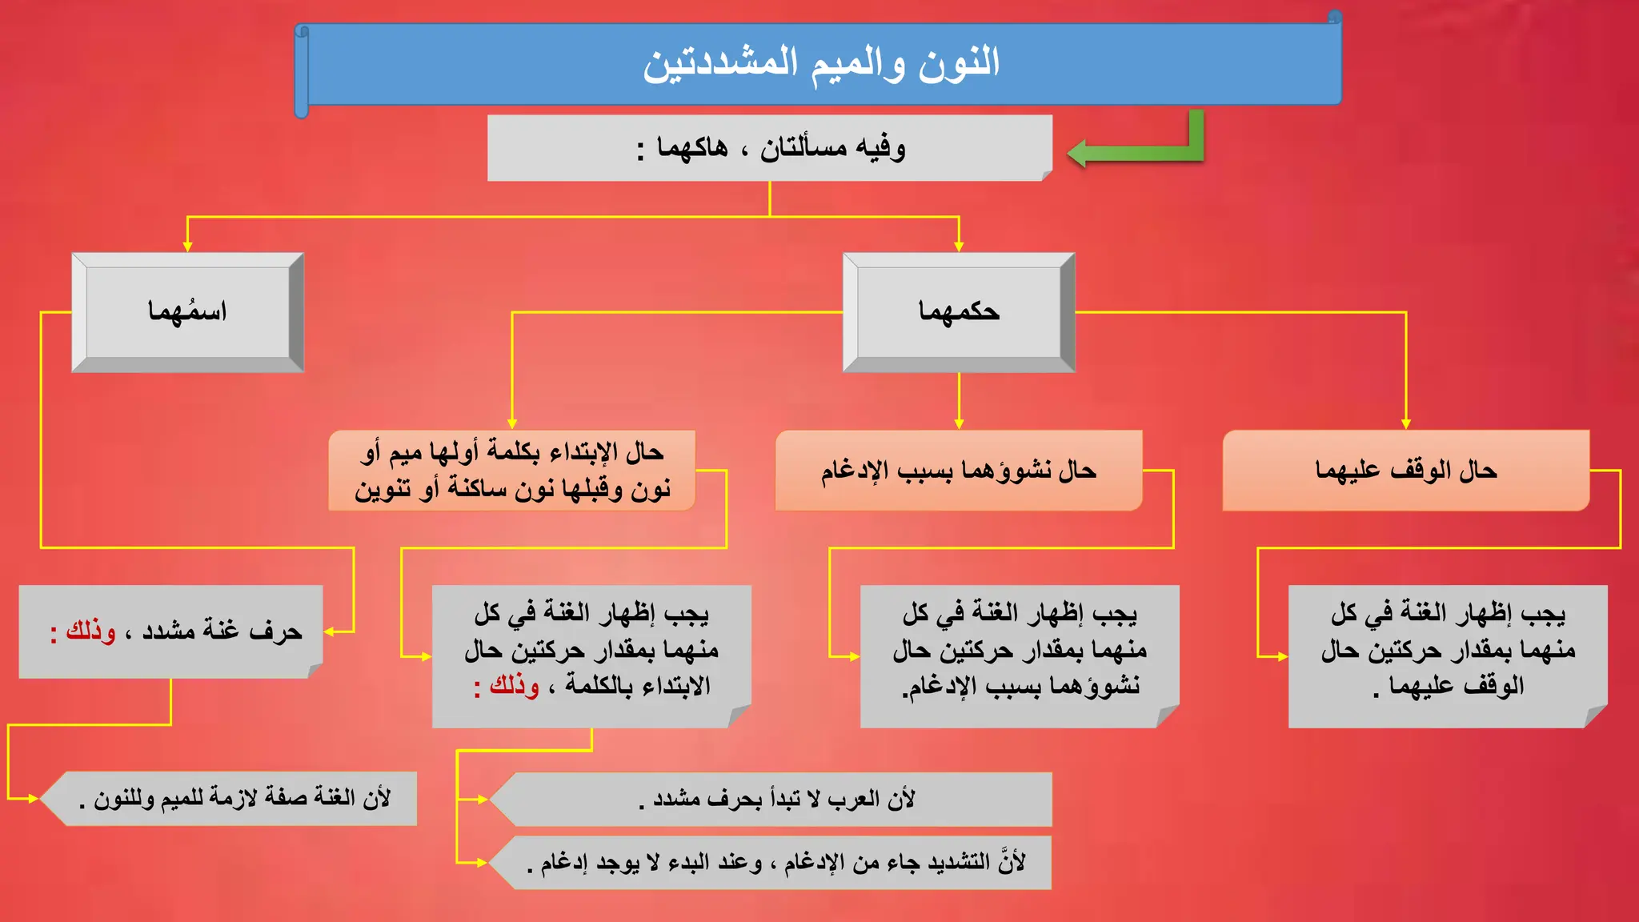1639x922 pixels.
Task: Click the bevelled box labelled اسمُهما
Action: tap(187, 312)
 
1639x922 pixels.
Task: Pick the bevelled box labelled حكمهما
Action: tap(959, 312)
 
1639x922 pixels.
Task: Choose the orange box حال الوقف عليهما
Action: tap(1405, 471)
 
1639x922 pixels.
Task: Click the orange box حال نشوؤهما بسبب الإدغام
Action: tap(958, 471)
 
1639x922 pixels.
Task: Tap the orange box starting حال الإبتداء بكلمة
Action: tap(511, 471)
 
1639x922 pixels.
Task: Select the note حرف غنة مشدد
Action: tap(184, 632)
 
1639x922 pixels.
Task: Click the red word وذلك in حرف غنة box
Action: tap(90, 631)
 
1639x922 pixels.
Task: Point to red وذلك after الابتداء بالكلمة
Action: tap(513, 686)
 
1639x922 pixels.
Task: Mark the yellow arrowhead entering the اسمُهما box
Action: tap(187, 247)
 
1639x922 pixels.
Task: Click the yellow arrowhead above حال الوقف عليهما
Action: tap(1405, 423)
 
